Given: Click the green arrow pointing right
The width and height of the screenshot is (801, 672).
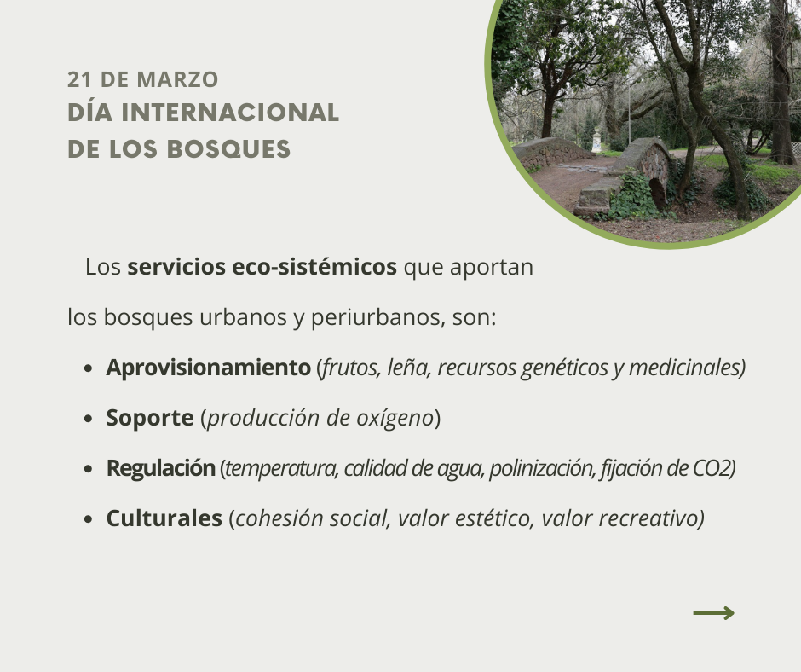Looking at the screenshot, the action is [713, 613].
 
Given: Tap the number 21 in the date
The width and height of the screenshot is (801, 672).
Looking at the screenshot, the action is [80, 80].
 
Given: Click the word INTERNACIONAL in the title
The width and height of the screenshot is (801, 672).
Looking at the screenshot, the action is [230, 113].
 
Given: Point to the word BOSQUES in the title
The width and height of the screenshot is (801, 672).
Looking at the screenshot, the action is [228, 149].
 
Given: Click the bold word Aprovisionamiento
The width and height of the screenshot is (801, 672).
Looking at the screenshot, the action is [209, 368].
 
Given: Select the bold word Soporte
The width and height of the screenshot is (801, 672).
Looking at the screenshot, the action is [150, 418].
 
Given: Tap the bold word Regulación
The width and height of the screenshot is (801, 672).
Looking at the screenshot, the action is [161, 468].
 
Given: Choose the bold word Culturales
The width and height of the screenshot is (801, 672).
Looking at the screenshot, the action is [164, 518].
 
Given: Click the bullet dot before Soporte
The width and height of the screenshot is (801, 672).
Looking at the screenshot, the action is [89, 419].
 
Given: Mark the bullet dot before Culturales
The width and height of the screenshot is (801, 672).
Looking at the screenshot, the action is [89, 519].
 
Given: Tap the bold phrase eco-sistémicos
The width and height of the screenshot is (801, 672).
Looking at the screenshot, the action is [314, 266].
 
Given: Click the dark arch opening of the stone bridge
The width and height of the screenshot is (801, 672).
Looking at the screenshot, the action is [658, 193].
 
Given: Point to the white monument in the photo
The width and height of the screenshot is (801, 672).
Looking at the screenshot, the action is [596, 140].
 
